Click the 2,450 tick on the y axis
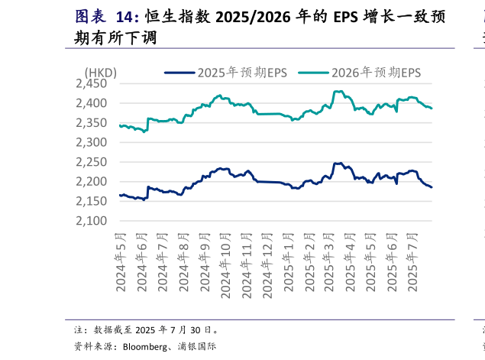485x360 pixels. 95,83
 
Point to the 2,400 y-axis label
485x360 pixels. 95,103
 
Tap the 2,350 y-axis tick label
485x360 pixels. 95,123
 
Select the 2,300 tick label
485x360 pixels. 95,142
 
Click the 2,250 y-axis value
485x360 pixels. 95,162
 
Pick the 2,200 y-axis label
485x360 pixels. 95,182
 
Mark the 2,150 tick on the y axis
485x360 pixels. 95,202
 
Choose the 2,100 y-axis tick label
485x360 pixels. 95,221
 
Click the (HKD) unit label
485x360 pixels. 100,73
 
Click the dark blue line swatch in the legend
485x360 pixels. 179,73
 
